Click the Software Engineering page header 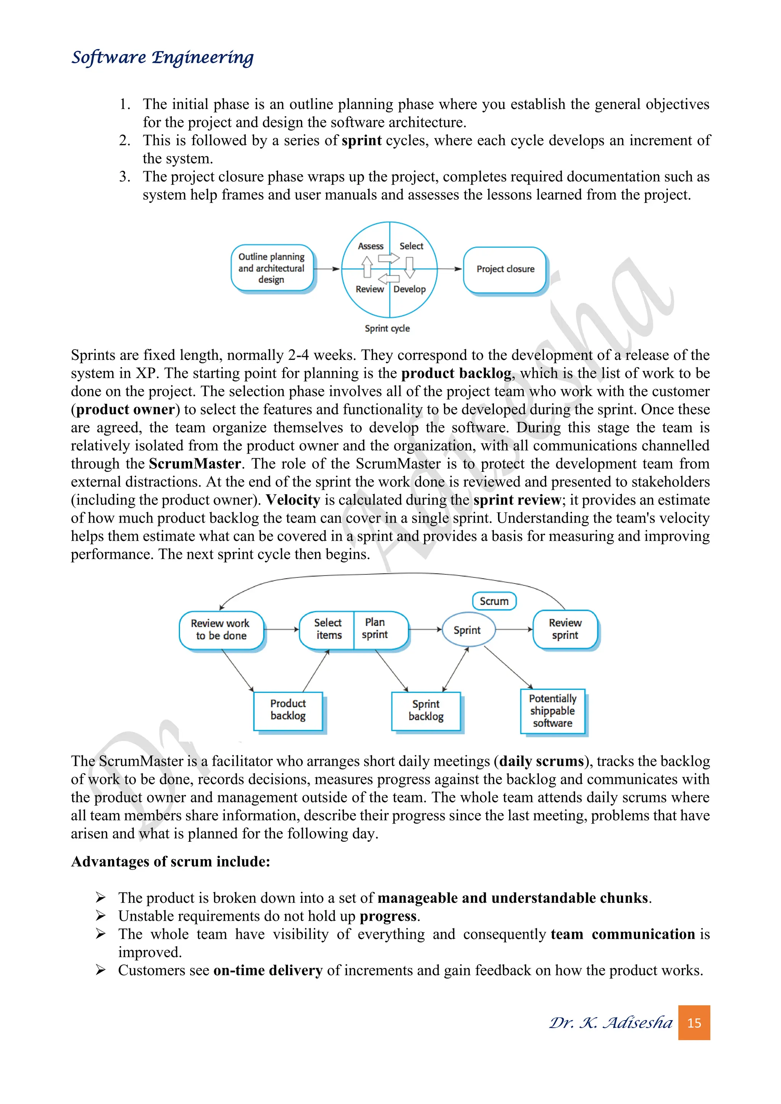[x=162, y=58]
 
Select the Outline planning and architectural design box [x=272, y=268]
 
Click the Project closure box [x=505, y=269]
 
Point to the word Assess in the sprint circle [x=370, y=246]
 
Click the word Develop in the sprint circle [x=409, y=289]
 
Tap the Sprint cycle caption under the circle [x=387, y=328]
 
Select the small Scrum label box [x=494, y=601]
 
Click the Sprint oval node [x=467, y=630]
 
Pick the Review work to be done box [x=221, y=629]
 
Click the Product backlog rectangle [x=288, y=710]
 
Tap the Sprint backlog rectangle [x=426, y=710]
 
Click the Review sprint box [x=565, y=629]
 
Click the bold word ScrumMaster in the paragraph [x=195, y=464]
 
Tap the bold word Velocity [x=293, y=500]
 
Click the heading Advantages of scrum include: [x=171, y=861]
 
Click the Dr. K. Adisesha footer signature [x=611, y=1023]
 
